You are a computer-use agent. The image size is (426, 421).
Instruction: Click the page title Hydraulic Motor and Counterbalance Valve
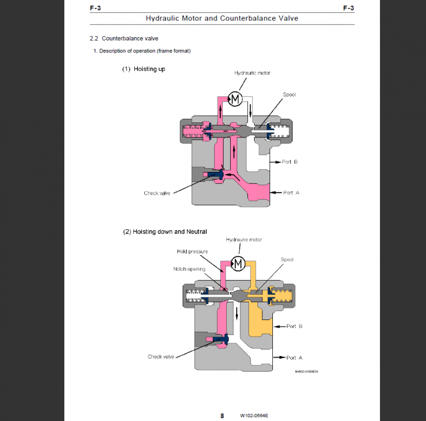(x=221, y=18)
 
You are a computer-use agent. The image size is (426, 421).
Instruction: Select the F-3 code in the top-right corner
(x=348, y=8)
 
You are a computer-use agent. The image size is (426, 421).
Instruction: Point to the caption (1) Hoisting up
(x=144, y=69)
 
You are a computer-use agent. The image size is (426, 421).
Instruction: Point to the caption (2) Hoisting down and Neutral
(x=165, y=231)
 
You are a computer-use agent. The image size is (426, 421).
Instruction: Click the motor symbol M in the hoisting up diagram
(x=235, y=99)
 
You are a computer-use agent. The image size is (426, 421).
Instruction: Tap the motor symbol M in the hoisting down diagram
(x=239, y=263)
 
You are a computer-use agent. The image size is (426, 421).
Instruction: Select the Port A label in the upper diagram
(x=291, y=192)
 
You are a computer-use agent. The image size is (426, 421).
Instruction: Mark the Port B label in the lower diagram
(x=294, y=326)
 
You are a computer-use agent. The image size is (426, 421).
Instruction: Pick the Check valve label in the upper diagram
(x=157, y=193)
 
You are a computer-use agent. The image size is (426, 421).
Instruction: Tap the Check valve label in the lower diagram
(x=161, y=357)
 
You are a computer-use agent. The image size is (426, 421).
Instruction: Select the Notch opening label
(x=189, y=269)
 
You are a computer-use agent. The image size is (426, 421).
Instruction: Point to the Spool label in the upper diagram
(x=289, y=94)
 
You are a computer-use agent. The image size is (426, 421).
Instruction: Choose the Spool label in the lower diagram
(x=287, y=260)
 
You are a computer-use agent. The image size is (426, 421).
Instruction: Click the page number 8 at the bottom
(x=222, y=415)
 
